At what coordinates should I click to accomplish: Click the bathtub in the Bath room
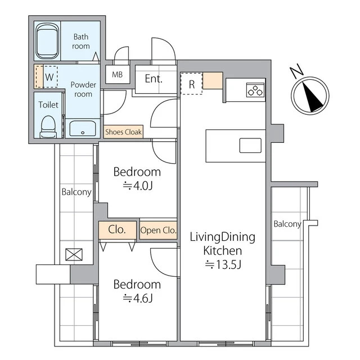tap(47, 41)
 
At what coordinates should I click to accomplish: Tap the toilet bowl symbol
tap(48, 127)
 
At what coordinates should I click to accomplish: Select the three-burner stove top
tap(255, 90)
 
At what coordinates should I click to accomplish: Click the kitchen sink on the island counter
tap(250, 145)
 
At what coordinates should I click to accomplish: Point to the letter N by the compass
tap(296, 70)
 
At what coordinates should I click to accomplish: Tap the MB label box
tap(118, 74)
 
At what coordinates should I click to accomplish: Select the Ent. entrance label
tap(154, 79)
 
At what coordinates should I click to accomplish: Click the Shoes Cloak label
tap(123, 132)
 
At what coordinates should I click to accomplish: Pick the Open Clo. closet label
tap(158, 230)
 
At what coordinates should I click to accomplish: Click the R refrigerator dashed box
tap(191, 84)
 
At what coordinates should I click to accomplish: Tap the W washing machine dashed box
tap(49, 77)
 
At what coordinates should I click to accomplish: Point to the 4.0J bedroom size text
tap(138, 186)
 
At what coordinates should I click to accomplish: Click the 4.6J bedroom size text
tap(138, 298)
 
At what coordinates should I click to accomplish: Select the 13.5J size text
tap(223, 264)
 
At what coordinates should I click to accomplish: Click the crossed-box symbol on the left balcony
tap(74, 255)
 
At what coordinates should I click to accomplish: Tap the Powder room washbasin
tap(83, 128)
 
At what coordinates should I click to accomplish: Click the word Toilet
tap(48, 105)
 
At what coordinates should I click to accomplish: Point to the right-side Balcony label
tap(287, 224)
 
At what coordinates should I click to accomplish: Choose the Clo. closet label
tap(117, 229)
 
